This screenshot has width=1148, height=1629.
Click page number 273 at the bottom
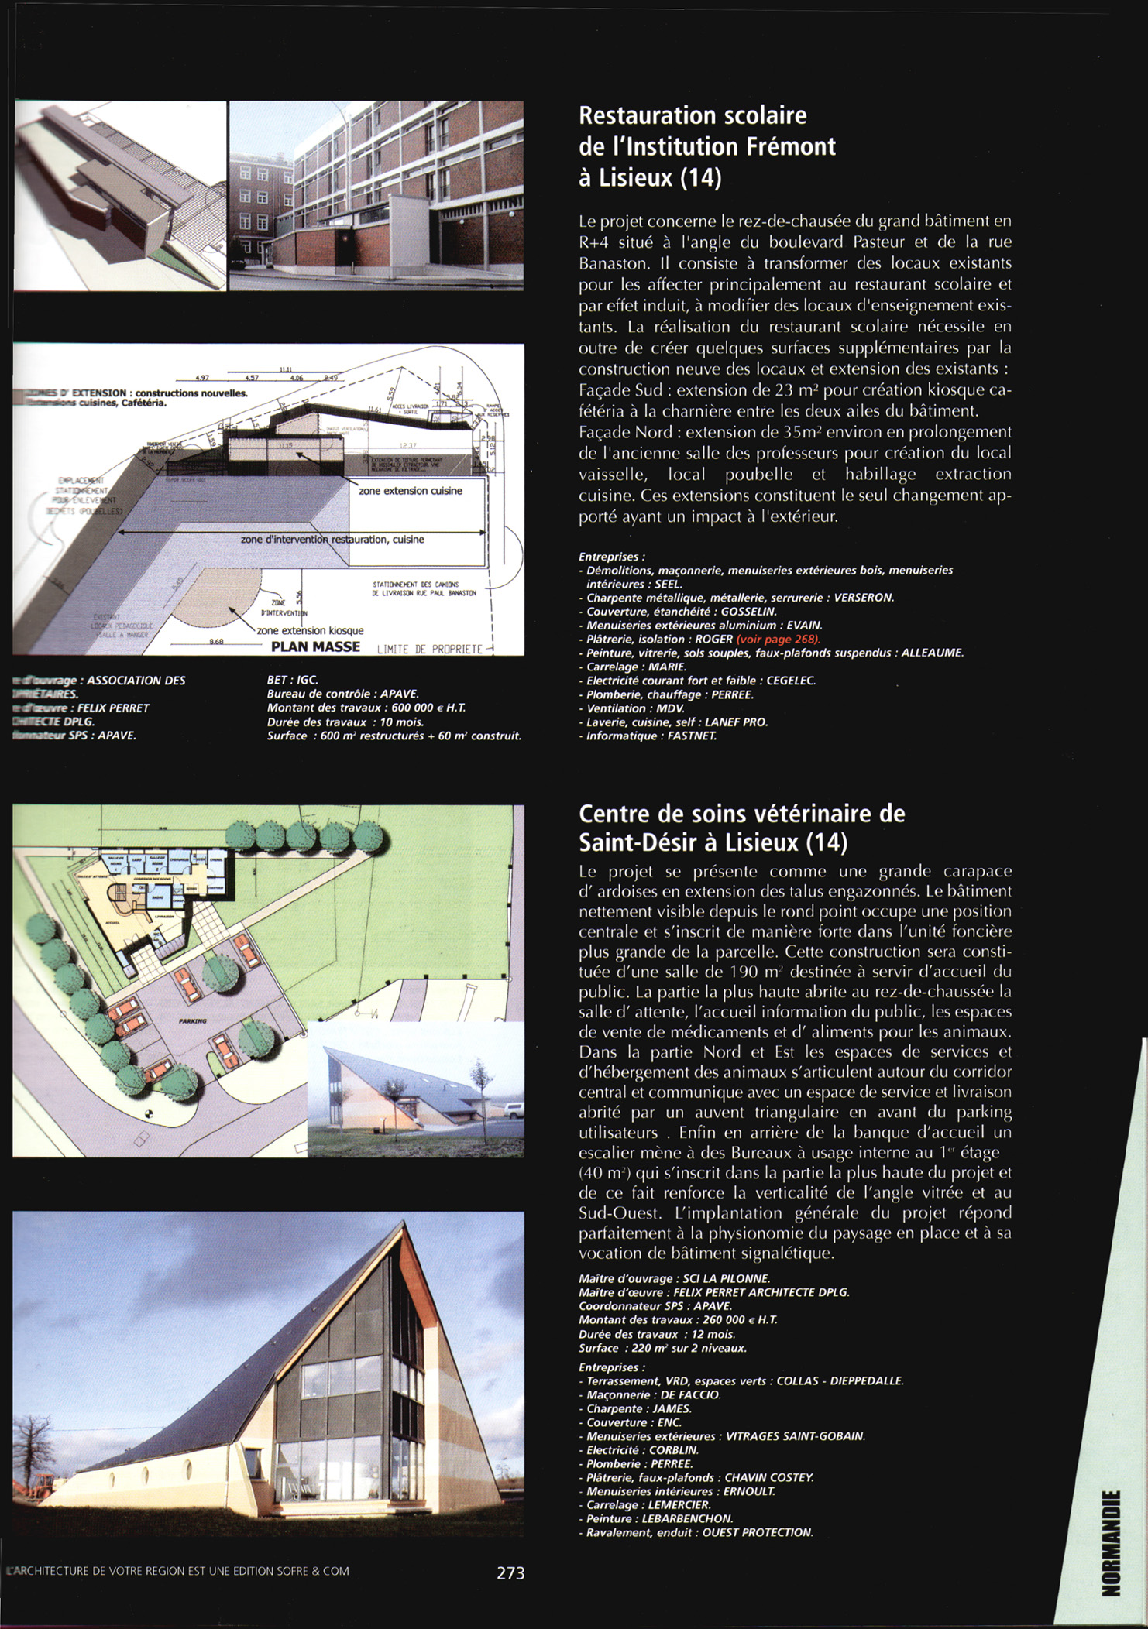tap(510, 1572)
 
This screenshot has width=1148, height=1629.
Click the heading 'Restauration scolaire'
tap(693, 115)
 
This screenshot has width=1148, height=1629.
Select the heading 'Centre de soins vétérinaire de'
tap(741, 814)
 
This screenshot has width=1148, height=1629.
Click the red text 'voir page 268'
tap(778, 640)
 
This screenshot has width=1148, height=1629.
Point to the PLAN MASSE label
tap(315, 646)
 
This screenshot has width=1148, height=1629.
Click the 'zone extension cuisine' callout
tap(411, 491)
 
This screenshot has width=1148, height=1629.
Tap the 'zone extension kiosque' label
tap(310, 630)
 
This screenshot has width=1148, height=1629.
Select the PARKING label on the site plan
tap(192, 1021)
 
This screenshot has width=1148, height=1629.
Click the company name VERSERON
tap(864, 598)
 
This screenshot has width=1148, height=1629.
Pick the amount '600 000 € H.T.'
tap(424, 708)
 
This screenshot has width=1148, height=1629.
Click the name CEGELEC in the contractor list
tap(791, 681)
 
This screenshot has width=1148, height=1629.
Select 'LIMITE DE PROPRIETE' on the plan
tap(429, 649)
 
